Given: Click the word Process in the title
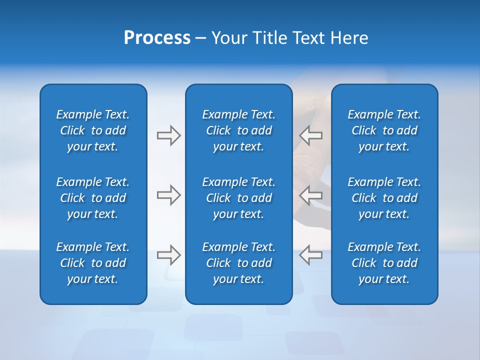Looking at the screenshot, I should (157, 38).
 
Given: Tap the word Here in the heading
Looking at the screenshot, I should (349, 38).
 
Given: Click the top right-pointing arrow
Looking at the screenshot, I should (168, 135).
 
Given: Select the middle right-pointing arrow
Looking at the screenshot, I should (168, 195).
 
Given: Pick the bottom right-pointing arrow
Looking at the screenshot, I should (168, 254).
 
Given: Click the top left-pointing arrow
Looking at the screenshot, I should (311, 135).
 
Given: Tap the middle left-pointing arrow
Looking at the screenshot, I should (311, 195).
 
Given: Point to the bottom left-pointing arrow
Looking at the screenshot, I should (311, 254).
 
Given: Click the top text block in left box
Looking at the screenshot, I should (93, 130).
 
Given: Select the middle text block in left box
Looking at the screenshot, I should (93, 198).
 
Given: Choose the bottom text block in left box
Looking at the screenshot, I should (93, 263).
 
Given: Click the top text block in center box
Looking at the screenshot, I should (238, 130).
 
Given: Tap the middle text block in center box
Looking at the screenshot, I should (238, 198).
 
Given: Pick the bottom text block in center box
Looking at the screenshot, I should (238, 263).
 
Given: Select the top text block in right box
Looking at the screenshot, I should (384, 130).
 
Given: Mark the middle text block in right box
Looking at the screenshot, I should (384, 198).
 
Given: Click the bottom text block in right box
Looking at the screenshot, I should (384, 263).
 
